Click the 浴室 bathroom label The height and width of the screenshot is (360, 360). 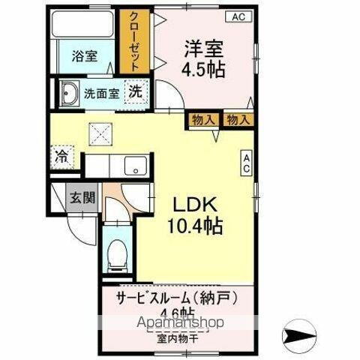[83, 56]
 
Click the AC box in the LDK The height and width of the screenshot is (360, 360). [245, 164]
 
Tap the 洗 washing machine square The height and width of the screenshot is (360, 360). [135, 92]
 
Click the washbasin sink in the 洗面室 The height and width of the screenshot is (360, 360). [70, 94]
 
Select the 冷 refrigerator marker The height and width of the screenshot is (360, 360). [61, 157]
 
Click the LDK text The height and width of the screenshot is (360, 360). [196, 205]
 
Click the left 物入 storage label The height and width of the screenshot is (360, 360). [203, 119]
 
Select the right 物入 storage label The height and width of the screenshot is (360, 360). [238, 119]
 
